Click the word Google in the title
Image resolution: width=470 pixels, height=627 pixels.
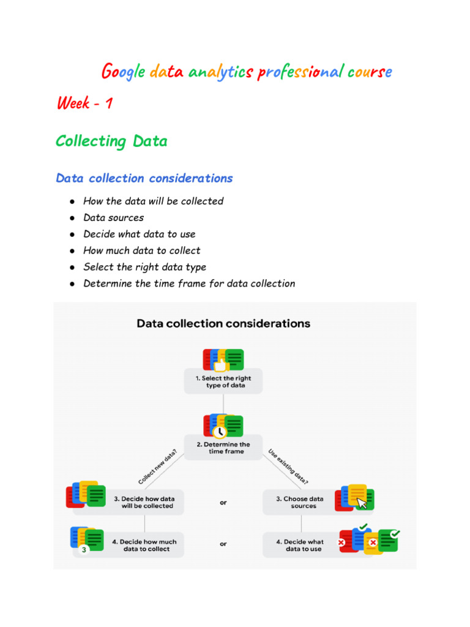pyautogui.click(x=123, y=72)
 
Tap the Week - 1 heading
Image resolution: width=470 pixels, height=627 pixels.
pyautogui.click(x=84, y=103)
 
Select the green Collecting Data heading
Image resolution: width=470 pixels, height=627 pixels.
pyautogui.click(x=111, y=141)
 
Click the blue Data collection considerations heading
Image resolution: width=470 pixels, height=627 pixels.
pyautogui.click(x=144, y=178)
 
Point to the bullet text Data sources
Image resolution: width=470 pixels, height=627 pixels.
pyautogui.click(x=113, y=217)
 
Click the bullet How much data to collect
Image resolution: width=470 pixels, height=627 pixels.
pyautogui.click(x=141, y=250)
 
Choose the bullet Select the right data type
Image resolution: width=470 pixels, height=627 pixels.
pyautogui.click(x=144, y=267)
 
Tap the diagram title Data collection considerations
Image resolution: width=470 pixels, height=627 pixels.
pyautogui.click(x=223, y=323)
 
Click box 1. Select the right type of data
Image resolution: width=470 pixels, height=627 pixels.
pyautogui.click(x=223, y=381)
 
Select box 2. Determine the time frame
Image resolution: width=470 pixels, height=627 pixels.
pyautogui.click(x=223, y=448)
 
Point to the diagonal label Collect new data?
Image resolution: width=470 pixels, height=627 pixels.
pyautogui.click(x=157, y=466)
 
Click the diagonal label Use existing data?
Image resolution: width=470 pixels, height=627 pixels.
pyautogui.click(x=288, y=466)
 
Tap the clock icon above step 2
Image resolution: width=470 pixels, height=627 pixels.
pyautogui.click(x=218, y=432)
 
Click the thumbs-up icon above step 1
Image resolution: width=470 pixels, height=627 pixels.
pyautogui.click(x=219, y=366)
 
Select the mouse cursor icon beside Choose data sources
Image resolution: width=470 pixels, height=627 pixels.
pyautogui.click(x=362, y=503)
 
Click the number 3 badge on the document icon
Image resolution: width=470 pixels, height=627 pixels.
pyautogui.click(x=83, y=549)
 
